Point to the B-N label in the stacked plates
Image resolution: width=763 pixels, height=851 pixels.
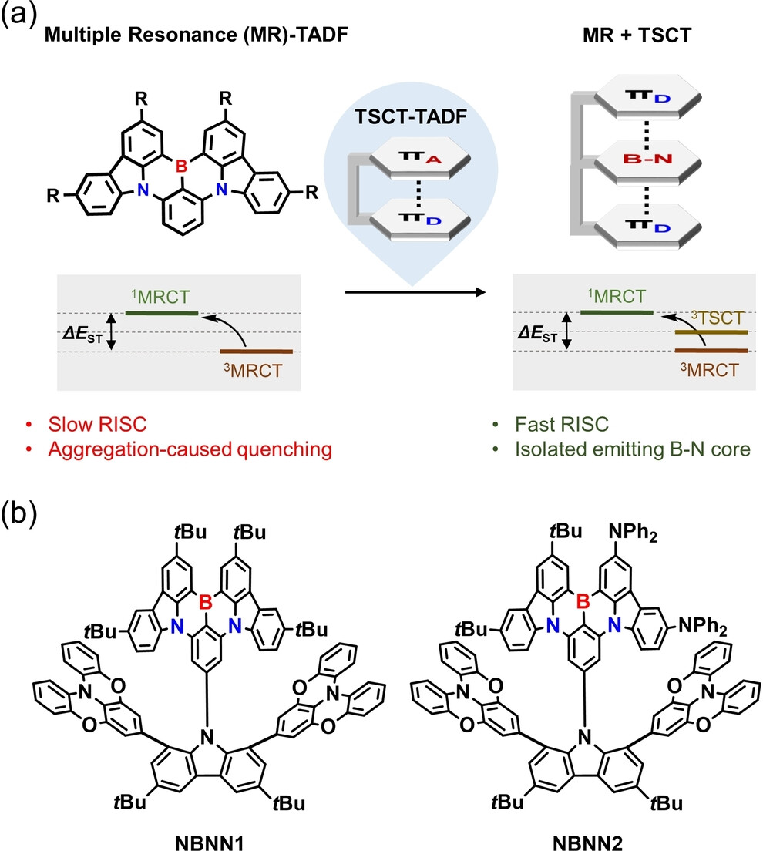(x=635, y=162)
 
